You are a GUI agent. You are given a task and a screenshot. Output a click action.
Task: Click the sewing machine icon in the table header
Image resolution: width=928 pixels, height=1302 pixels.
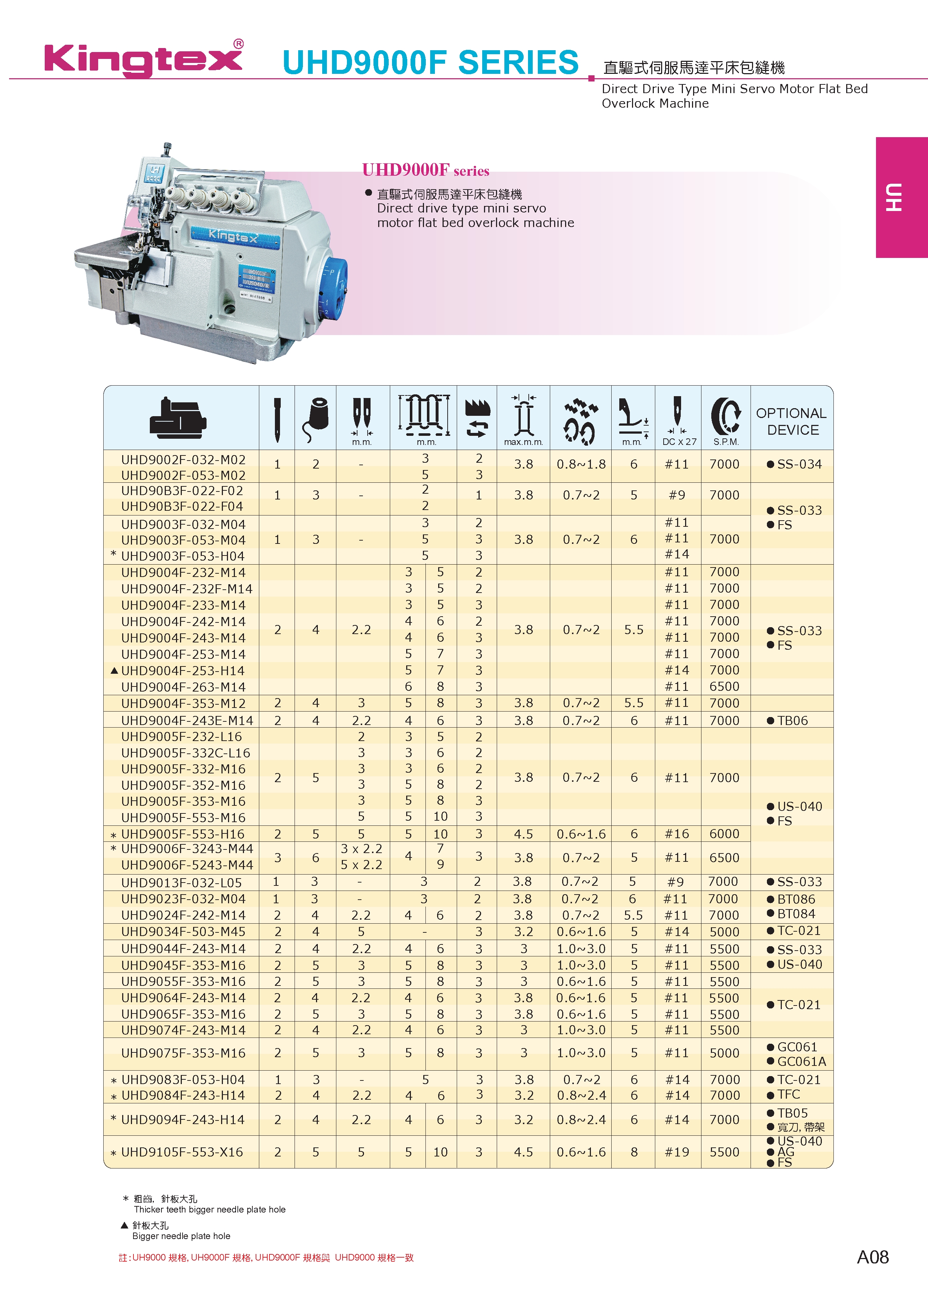click(178, 418)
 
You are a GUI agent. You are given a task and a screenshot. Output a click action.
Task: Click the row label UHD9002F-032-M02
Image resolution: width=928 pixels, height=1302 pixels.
click(183, 459)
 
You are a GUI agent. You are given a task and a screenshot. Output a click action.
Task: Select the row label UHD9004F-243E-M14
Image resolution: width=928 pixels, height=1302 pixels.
click(187, 720)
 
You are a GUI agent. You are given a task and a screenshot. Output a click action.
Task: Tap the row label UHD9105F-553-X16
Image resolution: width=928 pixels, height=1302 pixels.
click(182, 1152)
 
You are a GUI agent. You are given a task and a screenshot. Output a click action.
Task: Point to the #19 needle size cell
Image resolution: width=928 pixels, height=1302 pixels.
click(677, 1152)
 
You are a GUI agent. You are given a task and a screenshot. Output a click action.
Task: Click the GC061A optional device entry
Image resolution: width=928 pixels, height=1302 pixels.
click(801, 1062)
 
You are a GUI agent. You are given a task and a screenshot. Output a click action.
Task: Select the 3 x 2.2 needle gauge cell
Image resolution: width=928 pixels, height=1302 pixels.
click(361, 849)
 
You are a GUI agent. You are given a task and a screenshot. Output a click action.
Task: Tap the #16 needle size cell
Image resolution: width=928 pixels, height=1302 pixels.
click(677, 833)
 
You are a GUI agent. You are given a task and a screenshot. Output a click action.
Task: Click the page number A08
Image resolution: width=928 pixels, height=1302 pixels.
click(873, 1257)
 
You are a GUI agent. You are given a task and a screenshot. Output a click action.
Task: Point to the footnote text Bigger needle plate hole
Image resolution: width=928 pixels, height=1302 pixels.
click(181, 1236)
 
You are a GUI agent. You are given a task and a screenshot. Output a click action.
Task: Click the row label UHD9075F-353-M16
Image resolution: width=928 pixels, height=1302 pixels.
click(183, 1053)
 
